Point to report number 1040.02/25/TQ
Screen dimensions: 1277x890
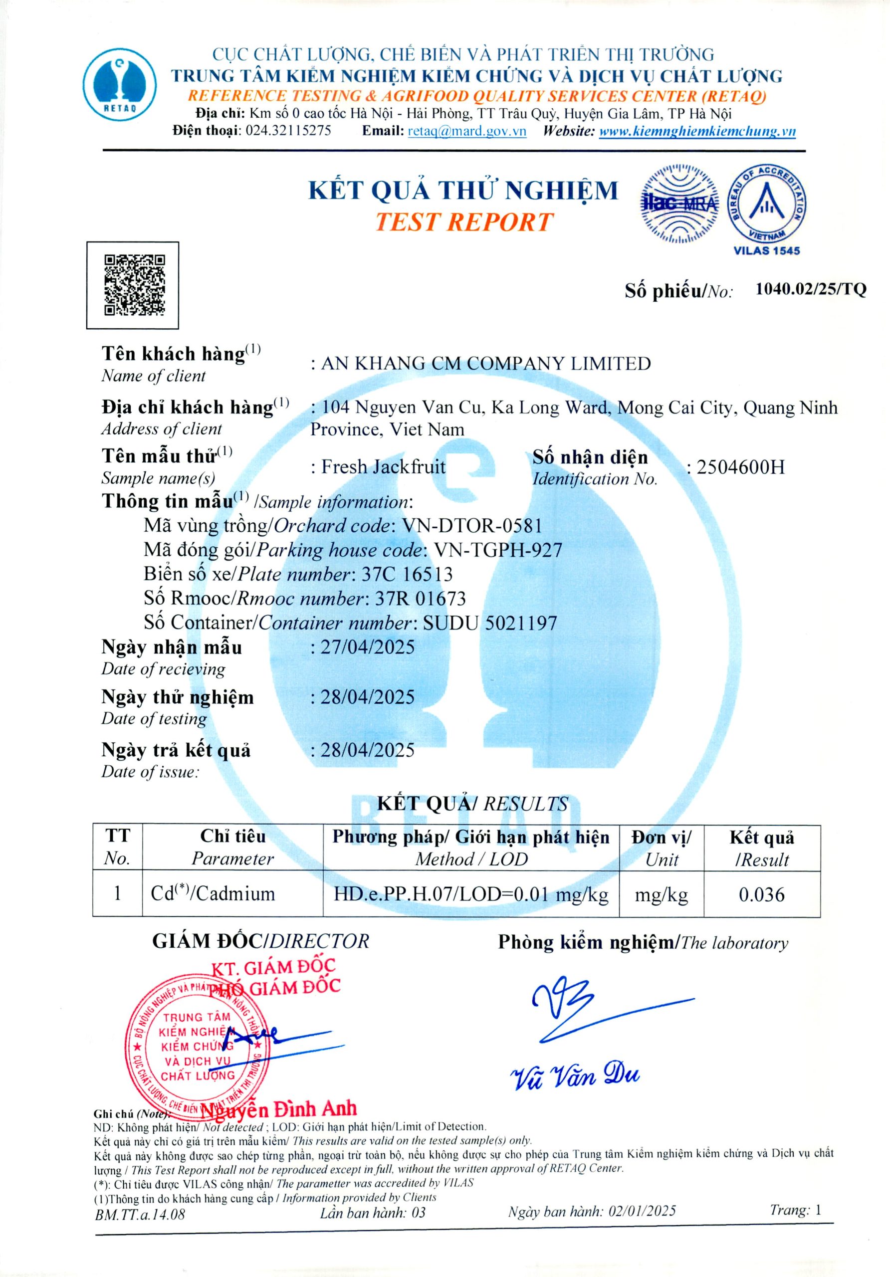tap(811, 289)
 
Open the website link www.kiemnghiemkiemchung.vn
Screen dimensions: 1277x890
tap(697, 131)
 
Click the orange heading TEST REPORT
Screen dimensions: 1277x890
tap(463, 222)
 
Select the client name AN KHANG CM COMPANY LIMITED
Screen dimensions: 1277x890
tap(485, 364)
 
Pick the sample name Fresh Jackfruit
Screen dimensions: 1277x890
tap(383, 466)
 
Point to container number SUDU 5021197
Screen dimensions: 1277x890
tap(490, 623)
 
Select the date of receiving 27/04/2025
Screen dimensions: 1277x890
tap(368, 647)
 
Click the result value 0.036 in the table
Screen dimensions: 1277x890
tap(761, 894)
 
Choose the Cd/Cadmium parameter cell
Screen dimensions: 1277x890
tap(213, 894)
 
